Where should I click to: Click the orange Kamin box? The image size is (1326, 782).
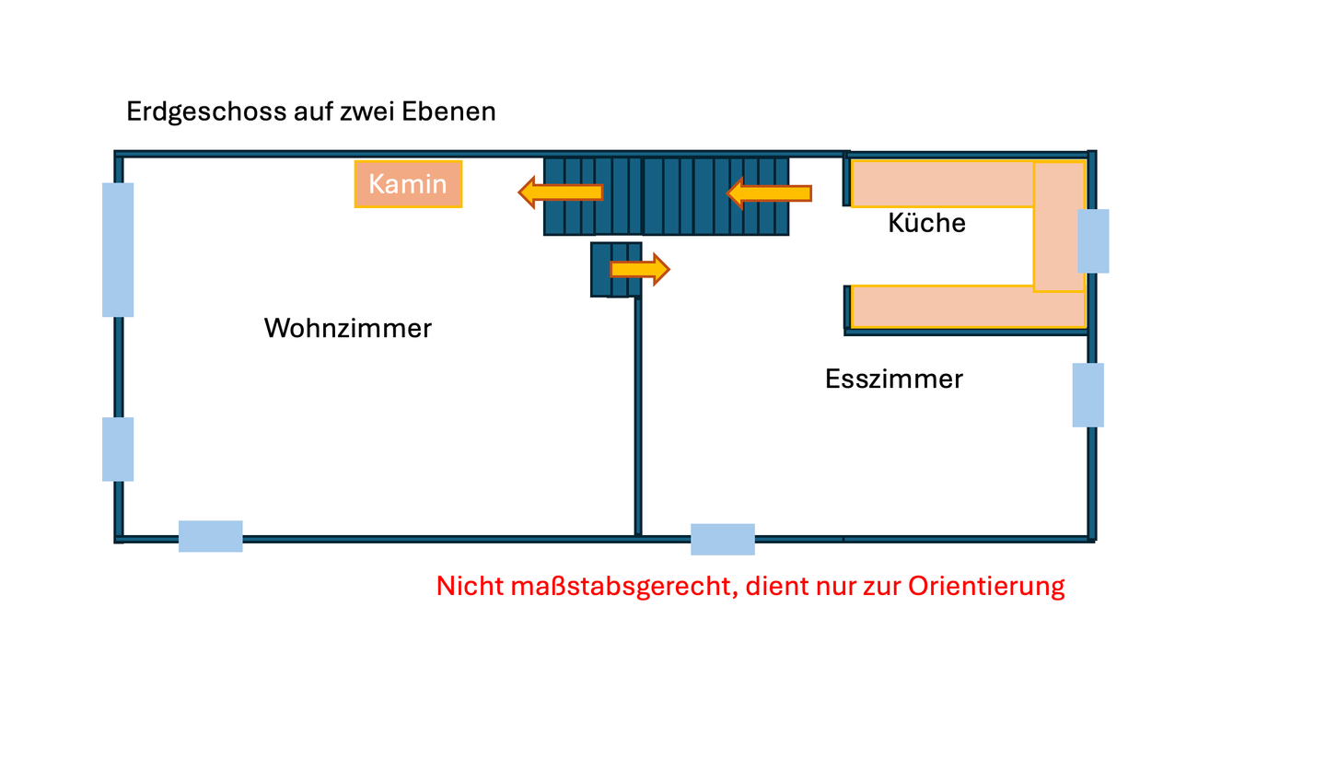(408, 184)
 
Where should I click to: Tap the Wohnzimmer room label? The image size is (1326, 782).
(347, 328)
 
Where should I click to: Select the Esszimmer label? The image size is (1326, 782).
(893, 379)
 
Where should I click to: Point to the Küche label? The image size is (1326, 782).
(926, 223)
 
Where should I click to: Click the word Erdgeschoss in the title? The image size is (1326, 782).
(206, 111)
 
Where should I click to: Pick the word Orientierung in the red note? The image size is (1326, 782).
(986, 586)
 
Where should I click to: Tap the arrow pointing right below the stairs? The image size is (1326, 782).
(639, 269)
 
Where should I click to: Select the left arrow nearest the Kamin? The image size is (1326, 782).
(561, 192)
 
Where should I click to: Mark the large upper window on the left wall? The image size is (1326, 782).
(118, 250)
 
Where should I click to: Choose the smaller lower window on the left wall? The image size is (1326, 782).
(118, 449)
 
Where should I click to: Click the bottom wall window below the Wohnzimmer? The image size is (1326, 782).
(211, 536)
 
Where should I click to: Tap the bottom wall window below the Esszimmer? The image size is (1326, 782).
(723, 539)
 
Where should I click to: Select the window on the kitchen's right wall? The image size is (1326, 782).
(1093, 241)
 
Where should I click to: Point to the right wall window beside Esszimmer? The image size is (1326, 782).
(1088, 395)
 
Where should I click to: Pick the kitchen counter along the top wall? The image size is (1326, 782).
(941, 184)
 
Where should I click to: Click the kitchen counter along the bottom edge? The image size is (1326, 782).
(967, 307)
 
